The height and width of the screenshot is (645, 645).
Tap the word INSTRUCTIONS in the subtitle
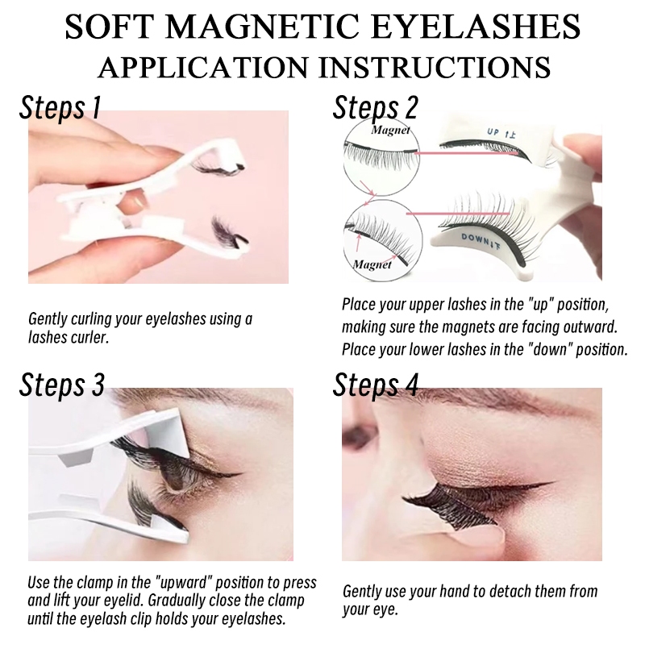[x=435, y=68]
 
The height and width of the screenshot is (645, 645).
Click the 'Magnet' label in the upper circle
[x=391, y=130]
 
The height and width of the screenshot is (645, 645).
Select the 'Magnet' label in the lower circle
[x=372, y=264]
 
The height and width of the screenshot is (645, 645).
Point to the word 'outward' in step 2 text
[x=590, y=327]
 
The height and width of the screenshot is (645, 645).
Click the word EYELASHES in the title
[x=477, y=27]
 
